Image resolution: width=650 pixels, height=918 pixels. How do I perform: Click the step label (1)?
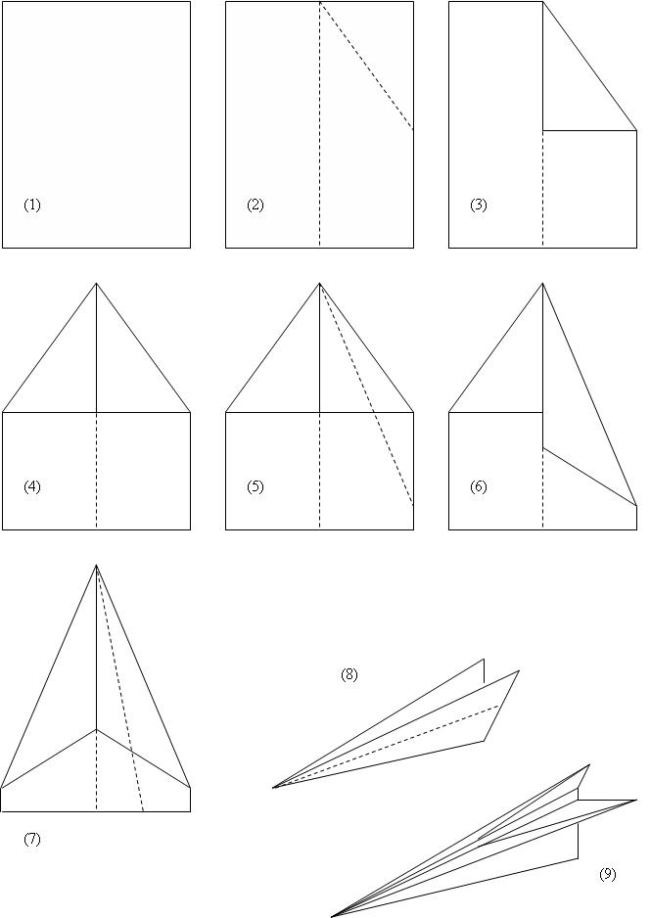32,205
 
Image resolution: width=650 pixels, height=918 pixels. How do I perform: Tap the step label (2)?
255,205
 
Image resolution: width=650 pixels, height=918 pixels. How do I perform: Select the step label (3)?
479,205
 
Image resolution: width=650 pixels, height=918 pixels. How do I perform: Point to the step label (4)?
32,486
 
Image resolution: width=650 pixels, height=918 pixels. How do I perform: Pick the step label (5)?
255,486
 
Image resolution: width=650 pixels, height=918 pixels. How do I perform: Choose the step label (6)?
479,486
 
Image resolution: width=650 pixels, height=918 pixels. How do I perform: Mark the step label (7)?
32,839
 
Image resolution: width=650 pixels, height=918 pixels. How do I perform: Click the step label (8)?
349,675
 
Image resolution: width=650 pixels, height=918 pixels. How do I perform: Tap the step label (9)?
608,874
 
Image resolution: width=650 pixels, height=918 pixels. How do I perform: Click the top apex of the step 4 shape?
97,284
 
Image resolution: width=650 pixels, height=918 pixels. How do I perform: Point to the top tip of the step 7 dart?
97,565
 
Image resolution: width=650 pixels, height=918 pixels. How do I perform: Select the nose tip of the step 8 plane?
273,788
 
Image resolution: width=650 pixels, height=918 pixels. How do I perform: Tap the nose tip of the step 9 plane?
332,916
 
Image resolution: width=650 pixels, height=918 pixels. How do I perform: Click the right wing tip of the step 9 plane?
636,800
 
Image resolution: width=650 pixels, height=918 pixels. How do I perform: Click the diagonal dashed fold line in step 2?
366,67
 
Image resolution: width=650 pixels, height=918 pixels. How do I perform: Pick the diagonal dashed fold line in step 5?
366,394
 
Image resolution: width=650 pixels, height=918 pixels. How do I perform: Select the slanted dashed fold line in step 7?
120,689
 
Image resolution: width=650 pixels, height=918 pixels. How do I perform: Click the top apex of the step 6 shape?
543,284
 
